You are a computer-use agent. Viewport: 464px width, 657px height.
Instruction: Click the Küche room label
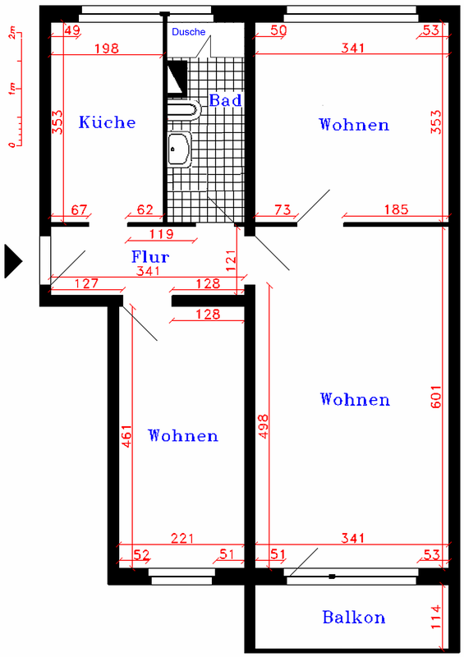pyautogui.click(x=108, y=122)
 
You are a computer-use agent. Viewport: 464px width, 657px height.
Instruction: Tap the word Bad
pyautogui.click(x=226, y=100)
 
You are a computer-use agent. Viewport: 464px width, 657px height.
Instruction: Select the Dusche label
pyautogui.click(x=189, y=32)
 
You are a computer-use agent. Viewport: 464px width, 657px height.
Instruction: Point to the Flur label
pyautogui.click(x=150, y=256)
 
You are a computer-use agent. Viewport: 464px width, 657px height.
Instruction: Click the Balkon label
pyautogui.click(x=354, y=618)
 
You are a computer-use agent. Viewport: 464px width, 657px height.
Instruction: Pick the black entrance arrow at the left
pyautogui.click(x=13, y=261)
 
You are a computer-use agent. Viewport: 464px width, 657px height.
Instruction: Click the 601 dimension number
pyautogui.click(x=436, y=397)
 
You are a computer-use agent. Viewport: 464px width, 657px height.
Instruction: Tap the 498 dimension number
pyautogui.click(x=264, y=426)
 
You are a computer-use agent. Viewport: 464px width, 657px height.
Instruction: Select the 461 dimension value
pyautogui.click(x=126, y=436)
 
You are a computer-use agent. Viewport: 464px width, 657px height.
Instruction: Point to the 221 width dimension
pyautogui.click(x=182, y=538)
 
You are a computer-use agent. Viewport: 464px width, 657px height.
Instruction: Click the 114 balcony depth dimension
pyautogui.click(x=436, y=617)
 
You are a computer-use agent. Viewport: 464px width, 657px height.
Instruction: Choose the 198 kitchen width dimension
pyautogui.click(x=107, y=48)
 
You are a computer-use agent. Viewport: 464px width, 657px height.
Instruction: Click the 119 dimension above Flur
pyautogui.click(x=161, y=234)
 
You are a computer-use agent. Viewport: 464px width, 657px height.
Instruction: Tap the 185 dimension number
pyautogui.click(x=396, y=209)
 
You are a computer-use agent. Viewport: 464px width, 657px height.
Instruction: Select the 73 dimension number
pyautogui.click(x=283, y=209)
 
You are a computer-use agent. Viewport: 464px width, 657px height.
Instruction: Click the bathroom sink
pyautogui.click(x=179, y=149)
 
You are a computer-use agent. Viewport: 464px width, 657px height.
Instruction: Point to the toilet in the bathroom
pyautogui.click(x=185, y=110)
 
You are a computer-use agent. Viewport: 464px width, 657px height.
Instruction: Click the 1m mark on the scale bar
pyautogui.click(x=12, y=89)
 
